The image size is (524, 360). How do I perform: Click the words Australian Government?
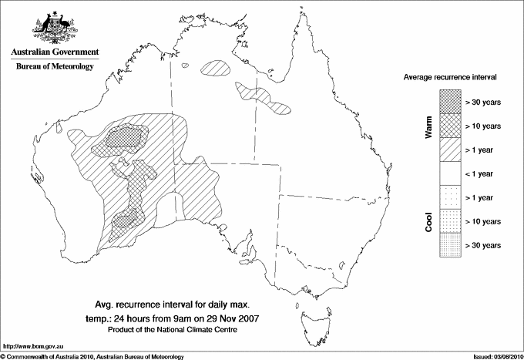pyautogui.click(x=55, y=52)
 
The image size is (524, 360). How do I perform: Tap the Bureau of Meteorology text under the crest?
pyautogui.click(x=55, y=67)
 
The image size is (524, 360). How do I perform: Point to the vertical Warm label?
pyautogui.click(x=429, y=126)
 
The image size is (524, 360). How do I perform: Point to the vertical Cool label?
pyautogui.click(x=429, y=221)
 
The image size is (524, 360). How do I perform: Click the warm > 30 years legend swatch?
pyautogui.click(x=448, y=101)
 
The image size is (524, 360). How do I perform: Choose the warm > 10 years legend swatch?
pyautogui.click(x=448, y=125)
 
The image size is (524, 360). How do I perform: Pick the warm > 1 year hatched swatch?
pyautogui.click(x=448, y=149)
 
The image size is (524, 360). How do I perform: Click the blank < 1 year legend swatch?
pyautogui.click(x=448, y=173)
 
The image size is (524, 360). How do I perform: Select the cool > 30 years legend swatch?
pyautogui.click(x=448, y=245)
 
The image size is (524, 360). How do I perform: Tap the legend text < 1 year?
pyautogui.click(x=479, y=173)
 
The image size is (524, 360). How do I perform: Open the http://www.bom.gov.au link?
pyautogui.click(x=33, y=346)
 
